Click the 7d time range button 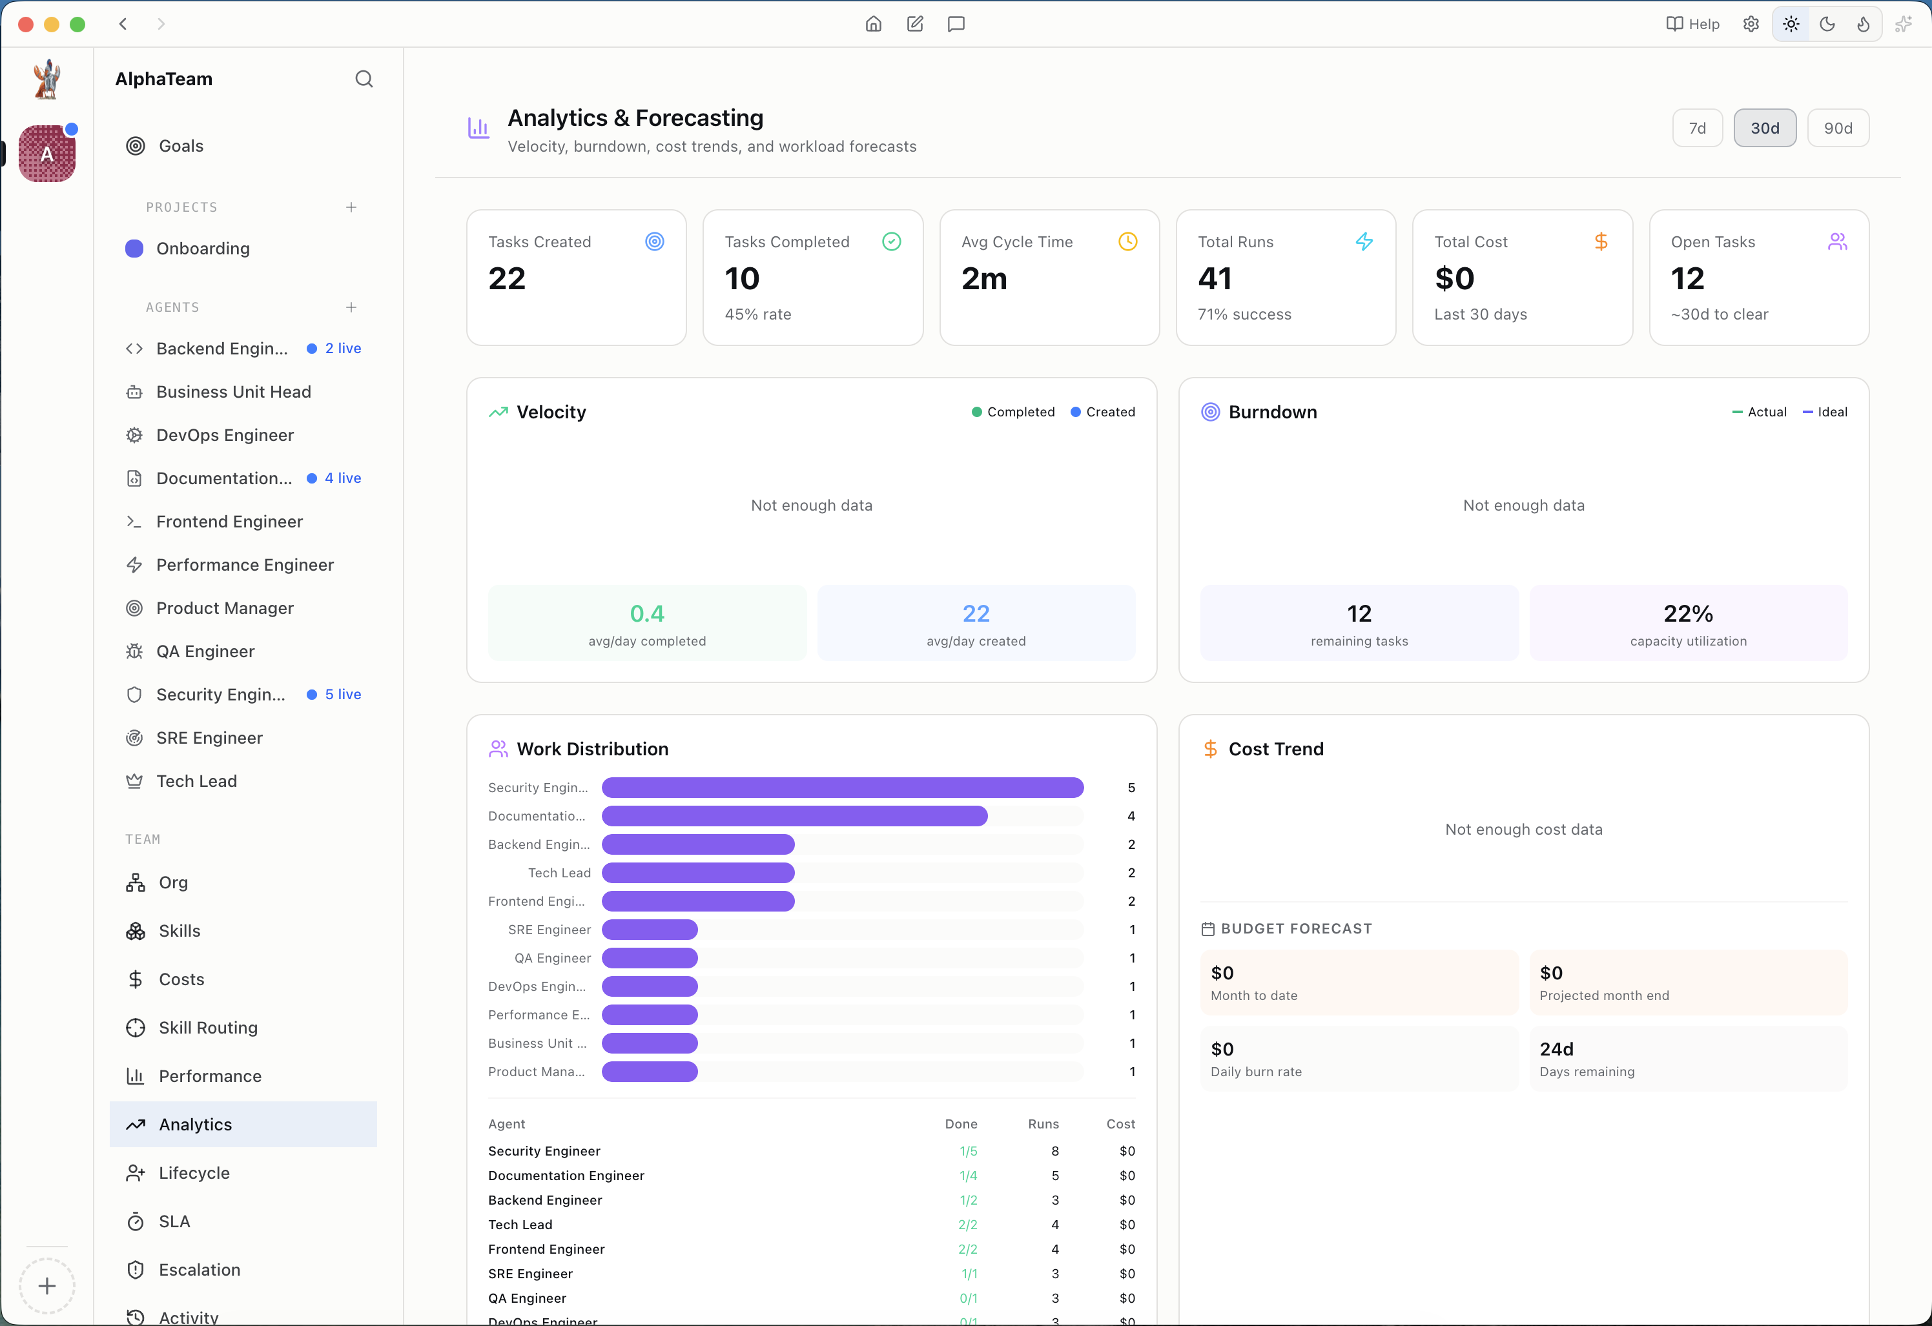tap(1697, 128)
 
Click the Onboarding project tap(202, 249)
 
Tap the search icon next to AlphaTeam tap(364, 79)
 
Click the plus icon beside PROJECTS tap(351, 207)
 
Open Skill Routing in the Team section tap(208, 1028)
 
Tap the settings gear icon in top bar tap(1751, 24)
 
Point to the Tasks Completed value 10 tap(741, 278)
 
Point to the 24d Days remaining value tap(1556, 1049)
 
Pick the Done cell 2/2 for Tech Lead tap(968, 1225)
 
